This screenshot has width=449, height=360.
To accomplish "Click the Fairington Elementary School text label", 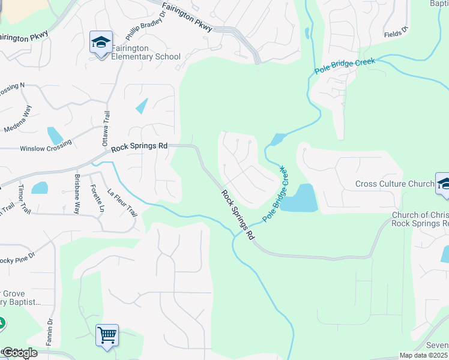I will [x=146, y=57].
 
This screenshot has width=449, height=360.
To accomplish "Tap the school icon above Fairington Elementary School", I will [x=100, y=43].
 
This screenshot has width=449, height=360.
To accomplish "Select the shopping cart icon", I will [x=107, y=335].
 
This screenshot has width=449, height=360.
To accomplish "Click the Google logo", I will [x=19, y=353].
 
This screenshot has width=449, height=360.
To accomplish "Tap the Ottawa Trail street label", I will [x=106, y=131].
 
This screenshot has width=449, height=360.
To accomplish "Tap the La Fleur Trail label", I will [x=122, y=203].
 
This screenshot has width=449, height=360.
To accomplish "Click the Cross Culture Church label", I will [x=394, y=184].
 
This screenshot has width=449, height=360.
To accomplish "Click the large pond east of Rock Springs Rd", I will [x=300, y=199].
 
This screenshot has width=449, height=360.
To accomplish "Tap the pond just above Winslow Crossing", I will [x=55, y=136].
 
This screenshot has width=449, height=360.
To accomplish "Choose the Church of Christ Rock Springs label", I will [x=420, y=219].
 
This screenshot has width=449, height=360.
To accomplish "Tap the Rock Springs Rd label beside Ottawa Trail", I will [x=139, y=146].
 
